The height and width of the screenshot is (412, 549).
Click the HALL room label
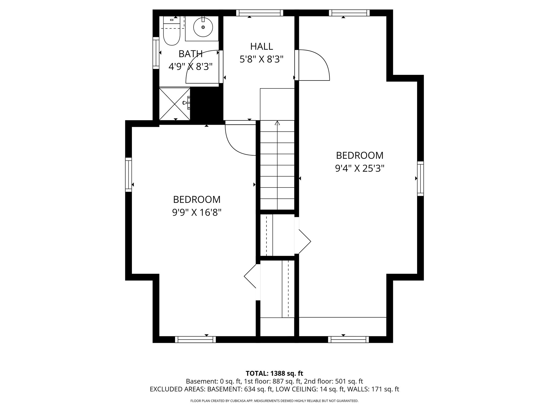pos(261,46)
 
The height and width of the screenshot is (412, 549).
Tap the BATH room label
pos(190,54)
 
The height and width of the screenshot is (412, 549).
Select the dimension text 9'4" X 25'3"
pos(360,168)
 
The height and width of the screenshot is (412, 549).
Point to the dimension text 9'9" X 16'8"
pos(197,213)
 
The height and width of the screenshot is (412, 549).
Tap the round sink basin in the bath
pos(203,27)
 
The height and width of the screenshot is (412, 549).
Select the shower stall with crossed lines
pos(175,104)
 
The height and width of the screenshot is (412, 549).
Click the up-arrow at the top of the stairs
pos(277,123)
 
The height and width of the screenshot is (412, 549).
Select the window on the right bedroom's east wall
pos(420,179)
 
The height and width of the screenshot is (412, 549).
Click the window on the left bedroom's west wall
pos(129,175)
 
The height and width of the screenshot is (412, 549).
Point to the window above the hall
pos(260,13)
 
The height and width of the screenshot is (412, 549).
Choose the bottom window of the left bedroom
pos(195,340)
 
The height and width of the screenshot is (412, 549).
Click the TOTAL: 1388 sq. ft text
pos(274,373)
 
